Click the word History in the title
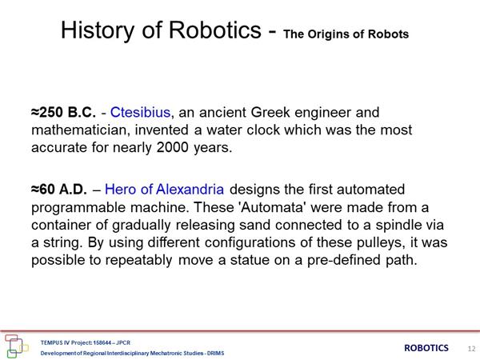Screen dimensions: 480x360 [x=98, y=30]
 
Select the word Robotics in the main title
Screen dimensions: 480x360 [x=215, y=30]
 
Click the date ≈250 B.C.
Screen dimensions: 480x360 [x=63, y=112]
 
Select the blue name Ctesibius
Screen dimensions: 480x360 [x=140, y=112]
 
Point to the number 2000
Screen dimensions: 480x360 [x=172, y=147]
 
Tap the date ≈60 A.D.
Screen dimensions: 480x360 [x=59, y=190]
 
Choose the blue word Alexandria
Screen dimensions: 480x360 [x=190, y=190]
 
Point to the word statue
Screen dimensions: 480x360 [x=250, y=260]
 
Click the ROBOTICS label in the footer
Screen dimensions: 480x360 [x=426, y=348]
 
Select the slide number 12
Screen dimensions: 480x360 [x=471, y=349]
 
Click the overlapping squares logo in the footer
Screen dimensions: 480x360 [x=16, y=346]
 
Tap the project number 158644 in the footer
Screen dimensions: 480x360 [x=102, y=342]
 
